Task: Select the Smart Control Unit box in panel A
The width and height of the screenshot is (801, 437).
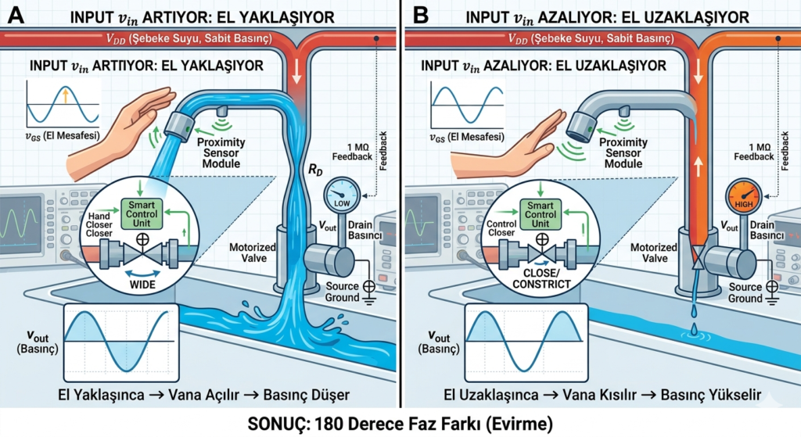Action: [142, 214]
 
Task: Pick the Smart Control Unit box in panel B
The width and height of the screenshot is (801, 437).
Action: [541, 214]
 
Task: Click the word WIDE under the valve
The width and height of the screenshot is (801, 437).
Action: [142, 285]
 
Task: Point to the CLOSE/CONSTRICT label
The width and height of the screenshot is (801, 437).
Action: [541, 279]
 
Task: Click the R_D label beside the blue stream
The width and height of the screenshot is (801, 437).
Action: [315, 170]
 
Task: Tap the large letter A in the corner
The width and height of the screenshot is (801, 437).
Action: [16, 16]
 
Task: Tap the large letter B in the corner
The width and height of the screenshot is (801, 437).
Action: [420, 16]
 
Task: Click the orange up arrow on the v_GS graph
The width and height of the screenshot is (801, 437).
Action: [66, 95]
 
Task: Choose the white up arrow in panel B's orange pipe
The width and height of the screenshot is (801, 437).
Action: [698, 167]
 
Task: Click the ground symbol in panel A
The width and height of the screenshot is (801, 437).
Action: [368, 293]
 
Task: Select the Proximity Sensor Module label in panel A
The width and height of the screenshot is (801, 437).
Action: [221, 152]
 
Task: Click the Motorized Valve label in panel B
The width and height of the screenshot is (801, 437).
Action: [654, 253]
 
